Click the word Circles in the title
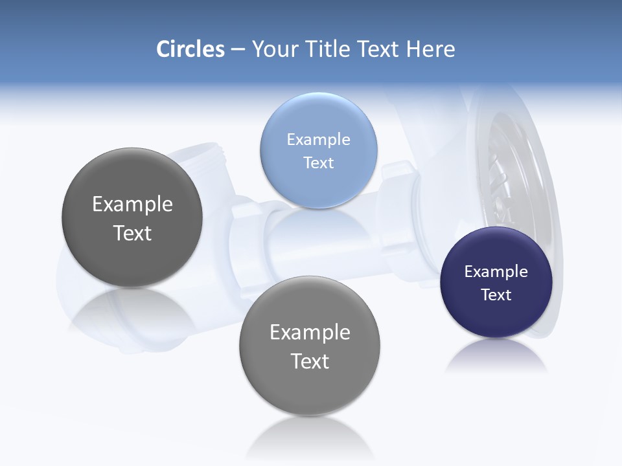[x=190, y=49]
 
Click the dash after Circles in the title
[x=238, y=50]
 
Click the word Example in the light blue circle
[x=318, y=140]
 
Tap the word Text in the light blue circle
[x=318, y=163]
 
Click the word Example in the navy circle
[x=496, y=272]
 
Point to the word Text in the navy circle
[x=496, y=295]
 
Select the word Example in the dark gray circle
[x=132, y=205]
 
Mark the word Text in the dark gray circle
[x=132, y=233]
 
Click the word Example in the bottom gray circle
[x=310, y=333]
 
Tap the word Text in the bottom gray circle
[x=310, y=361]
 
